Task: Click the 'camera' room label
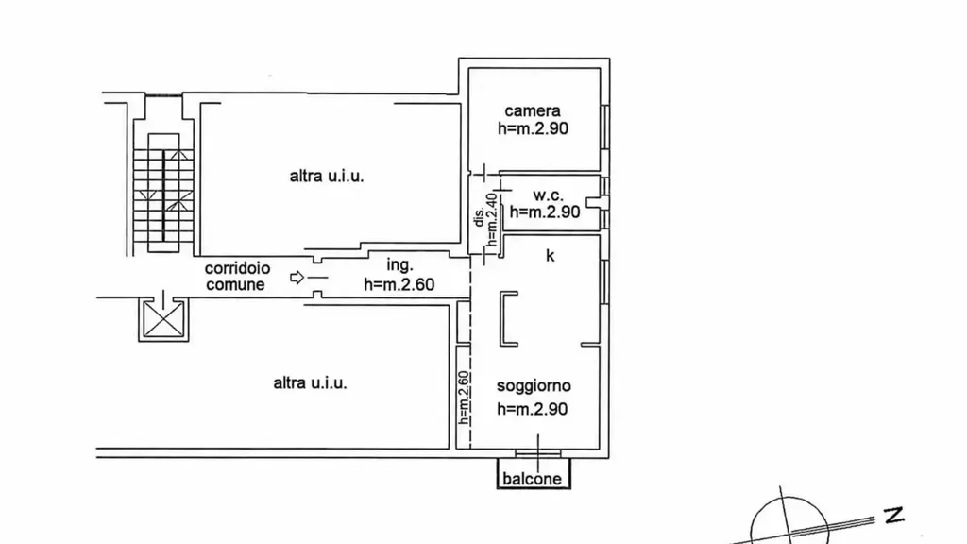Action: click(x=533, y=111)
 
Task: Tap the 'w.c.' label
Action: click(x=548, y=195)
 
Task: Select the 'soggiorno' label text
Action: click(x=534, y=386)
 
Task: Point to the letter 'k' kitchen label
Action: click(x=551, y=255)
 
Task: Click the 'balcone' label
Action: click(x=532, y=479)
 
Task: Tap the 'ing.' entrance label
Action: click(x=399, y=265)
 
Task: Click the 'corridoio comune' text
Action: click(x=237, y=277)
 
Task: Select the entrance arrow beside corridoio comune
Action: click(x=297, y=278)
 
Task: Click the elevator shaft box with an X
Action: click(x=163, y=319)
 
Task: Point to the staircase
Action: click(x=163, y=192)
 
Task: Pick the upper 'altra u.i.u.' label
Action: click(x=326, y=177)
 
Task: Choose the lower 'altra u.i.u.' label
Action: click(x=310, y=383)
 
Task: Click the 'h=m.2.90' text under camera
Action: click(x=533, y=128)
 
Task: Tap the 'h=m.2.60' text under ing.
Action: click(x=399, y=284)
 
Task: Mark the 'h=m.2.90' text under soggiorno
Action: click(x=533, y=409)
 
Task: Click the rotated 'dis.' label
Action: click(x=479, y=217)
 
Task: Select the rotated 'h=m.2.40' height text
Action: click(x=491, y=219)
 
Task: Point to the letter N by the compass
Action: click(x=893, y=515)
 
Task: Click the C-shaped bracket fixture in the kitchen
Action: click(x=508, y=319)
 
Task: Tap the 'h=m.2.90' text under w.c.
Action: click(x=545, y=212)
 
